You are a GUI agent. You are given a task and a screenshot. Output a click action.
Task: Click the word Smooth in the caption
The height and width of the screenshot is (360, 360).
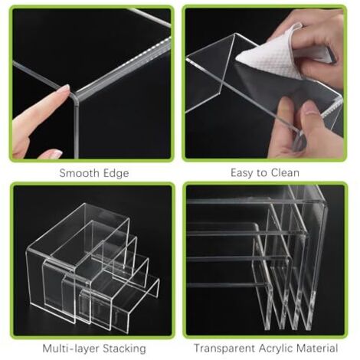pos(80,173)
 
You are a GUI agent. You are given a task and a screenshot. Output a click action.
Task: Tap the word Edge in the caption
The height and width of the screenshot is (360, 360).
pos(116,174)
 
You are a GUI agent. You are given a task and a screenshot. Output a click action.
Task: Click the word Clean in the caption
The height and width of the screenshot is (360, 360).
pos(285,173)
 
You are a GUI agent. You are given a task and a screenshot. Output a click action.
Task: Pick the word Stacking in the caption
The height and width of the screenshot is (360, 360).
pos(125,349)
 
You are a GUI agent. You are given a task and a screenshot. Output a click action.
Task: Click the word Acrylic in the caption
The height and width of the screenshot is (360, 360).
pos(277,349)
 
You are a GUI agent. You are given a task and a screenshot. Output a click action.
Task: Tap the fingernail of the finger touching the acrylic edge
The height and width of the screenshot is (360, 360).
pos(64,90)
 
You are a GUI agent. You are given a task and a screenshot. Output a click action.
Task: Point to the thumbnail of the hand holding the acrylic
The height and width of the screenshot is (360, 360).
pos(312,108)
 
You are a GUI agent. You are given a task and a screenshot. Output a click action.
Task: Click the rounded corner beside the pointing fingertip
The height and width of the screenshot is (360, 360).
pos(74,97)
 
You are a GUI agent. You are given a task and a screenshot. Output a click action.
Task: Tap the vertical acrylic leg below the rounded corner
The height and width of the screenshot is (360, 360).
pos(76,129)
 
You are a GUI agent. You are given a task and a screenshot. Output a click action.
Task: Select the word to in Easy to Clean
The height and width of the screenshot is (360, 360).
pos(262,173)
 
